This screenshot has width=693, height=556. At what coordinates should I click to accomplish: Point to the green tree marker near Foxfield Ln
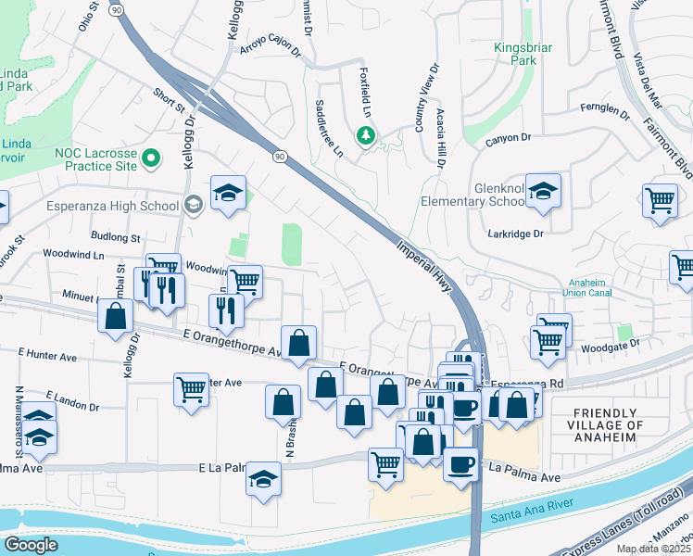point(366,136)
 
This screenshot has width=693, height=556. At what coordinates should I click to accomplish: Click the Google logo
point(31,545)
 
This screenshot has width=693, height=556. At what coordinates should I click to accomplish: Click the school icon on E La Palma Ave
point(263,480)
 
